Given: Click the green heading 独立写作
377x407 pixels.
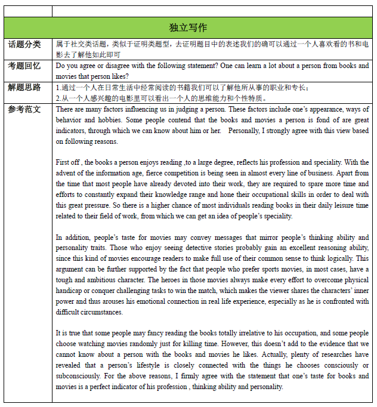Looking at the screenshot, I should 188,28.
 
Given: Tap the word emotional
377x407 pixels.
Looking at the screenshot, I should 180,301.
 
